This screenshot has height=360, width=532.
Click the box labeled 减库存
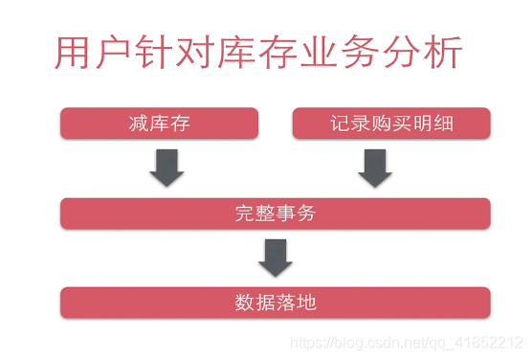click(159, 124)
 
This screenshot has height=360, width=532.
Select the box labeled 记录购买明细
click(391, 124)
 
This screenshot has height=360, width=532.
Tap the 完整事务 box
click(275, 214)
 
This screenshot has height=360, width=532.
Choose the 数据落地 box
click(275, 303)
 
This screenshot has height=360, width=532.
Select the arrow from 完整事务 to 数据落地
click(276, 258)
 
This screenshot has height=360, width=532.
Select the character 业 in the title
click(322, 54)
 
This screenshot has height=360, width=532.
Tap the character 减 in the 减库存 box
click(138, 124)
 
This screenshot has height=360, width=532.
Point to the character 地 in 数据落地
click(306, 303)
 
